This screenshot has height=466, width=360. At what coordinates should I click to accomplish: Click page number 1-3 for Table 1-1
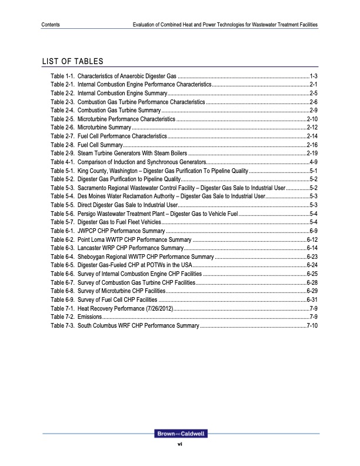coord(314,76)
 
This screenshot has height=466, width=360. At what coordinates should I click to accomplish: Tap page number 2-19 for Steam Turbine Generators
coord(312,153)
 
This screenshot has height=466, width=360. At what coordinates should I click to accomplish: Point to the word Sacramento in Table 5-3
coord(94,187)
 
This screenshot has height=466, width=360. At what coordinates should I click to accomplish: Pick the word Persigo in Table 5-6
coord(88,212)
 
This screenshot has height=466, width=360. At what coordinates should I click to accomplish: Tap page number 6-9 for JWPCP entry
coord(314,232)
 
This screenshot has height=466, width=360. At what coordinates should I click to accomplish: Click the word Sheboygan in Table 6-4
coord(94,257)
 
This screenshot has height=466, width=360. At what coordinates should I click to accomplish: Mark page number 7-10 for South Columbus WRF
coord(312,325)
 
